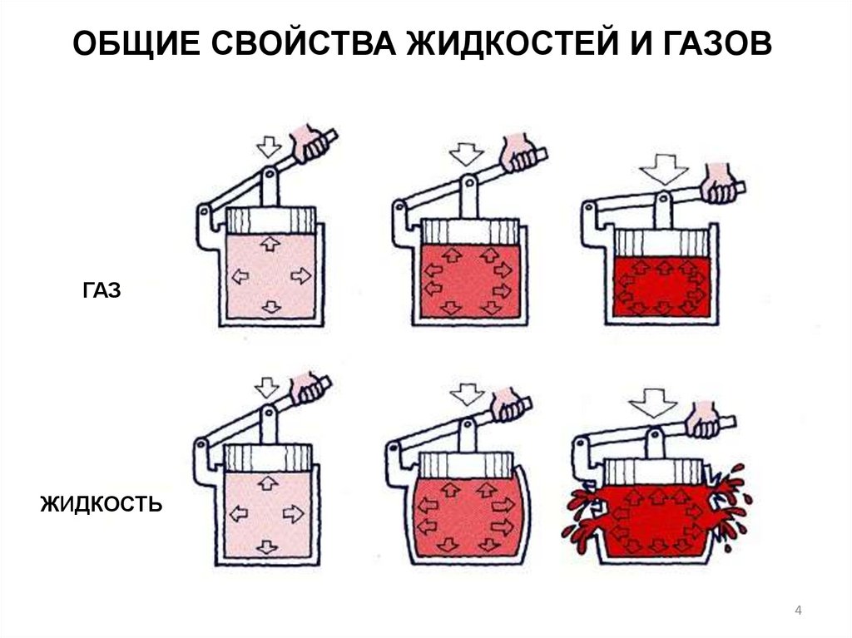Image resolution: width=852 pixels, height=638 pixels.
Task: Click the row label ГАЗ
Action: pos(102,291)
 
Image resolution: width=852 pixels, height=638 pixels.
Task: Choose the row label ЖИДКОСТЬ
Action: pos(102,504)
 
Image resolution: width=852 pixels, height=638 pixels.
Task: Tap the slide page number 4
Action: pos(798,611)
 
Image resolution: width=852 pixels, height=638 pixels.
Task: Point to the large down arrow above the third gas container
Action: pos(664,169)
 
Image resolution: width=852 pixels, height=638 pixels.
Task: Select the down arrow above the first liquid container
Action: pos(267,388)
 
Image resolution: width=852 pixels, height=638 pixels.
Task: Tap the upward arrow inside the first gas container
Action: pos(270,243)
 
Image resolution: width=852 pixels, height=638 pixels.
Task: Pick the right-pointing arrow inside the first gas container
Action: pos(300,276)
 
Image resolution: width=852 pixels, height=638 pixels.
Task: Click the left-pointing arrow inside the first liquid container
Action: pos(239,513)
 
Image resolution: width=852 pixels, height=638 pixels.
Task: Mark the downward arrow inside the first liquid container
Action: pos(267,547)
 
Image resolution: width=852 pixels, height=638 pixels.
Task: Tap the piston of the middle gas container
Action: pos(470,232)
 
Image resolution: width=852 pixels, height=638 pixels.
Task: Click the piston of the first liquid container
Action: pos(269,458)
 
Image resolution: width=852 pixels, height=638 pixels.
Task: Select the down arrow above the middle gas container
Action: pos(466,154)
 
